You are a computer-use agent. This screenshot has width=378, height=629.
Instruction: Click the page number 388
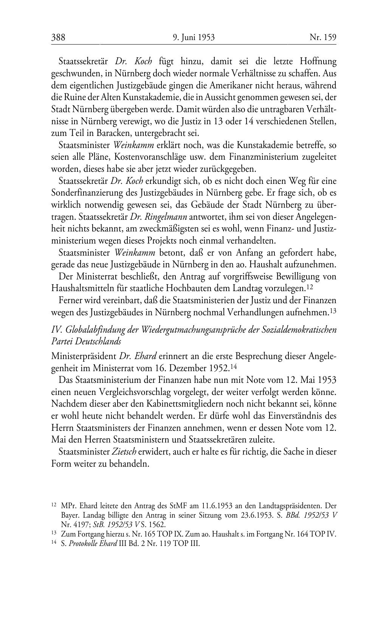click(x=58, y=37)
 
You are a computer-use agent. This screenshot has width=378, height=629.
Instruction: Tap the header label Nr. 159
click(x=323, y=37)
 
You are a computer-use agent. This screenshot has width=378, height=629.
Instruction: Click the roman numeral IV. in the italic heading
click(x=57, y=329)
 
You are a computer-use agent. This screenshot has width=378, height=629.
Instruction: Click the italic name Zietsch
click(x=124, y=452)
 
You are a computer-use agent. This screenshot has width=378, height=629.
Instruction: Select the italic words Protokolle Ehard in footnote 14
click(x=92, y=544)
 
